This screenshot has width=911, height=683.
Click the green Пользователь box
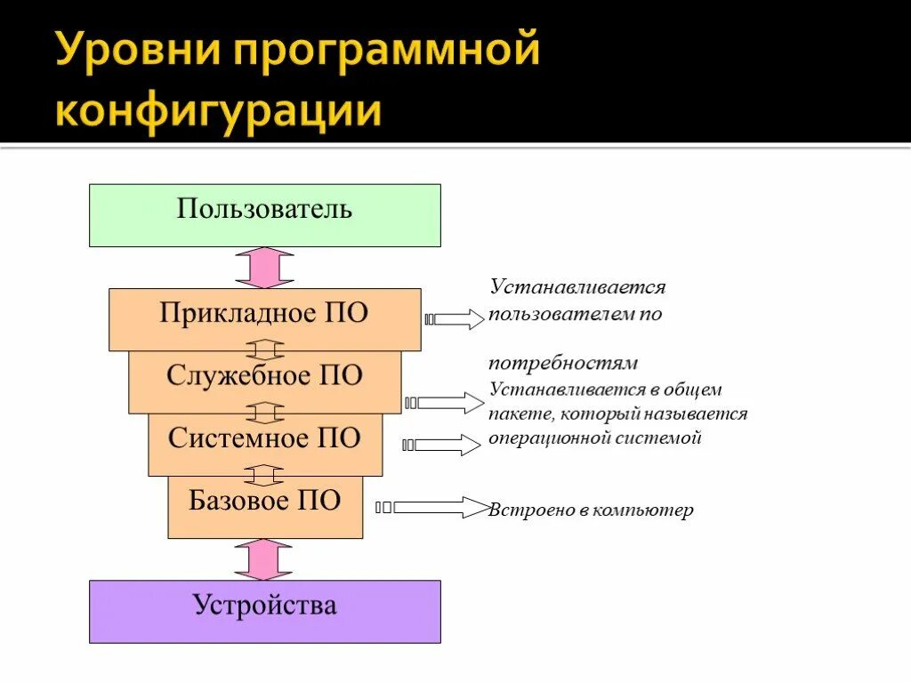click(x=264, y=214)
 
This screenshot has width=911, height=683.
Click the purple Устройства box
click(x=264, y=611)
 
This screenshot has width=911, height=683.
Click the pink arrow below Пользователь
click(x=264, y=268)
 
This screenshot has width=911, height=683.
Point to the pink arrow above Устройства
click(x=263, y=559)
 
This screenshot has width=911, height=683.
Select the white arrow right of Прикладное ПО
click(x=458, y=319)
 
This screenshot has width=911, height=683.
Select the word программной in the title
click(x=388, y=52)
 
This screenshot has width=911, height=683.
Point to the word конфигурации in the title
click(x=218, y=113)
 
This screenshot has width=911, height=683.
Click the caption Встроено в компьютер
click(x=591, y=511)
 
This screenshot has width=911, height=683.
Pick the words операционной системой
click(x=595, y=438)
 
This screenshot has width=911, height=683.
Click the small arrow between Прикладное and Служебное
click(x=264, y=350)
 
